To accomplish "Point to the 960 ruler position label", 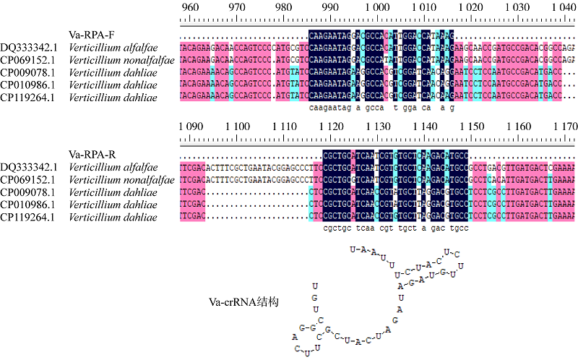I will [x=189, y=7].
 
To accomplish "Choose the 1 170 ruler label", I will [x=561, y=127].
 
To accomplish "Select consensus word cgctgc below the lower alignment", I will [x=333, y=228].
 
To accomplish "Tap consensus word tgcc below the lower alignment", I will [x=460, y=228].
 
